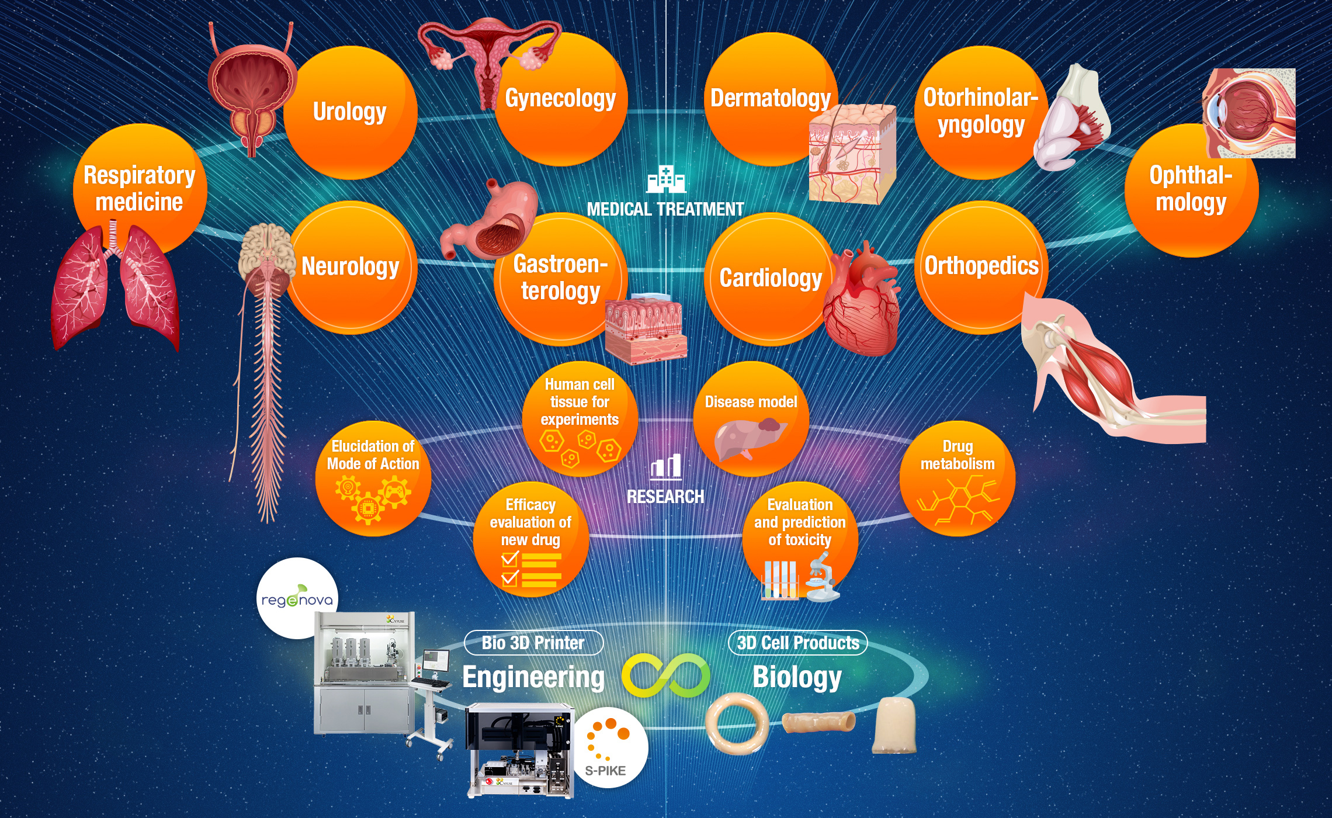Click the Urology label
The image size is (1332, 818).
click(349, 112)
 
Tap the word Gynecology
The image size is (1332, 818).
click(560, 98)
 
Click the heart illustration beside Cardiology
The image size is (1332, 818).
click(862, 301)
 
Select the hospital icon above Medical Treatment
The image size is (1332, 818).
click(665, 179)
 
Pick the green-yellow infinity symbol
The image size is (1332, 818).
click(665, 675)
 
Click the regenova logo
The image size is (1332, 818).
click(297, 598)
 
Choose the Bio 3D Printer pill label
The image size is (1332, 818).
click(533, 643)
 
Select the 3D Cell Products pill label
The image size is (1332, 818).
click(797, 643)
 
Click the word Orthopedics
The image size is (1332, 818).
click(981, 266)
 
